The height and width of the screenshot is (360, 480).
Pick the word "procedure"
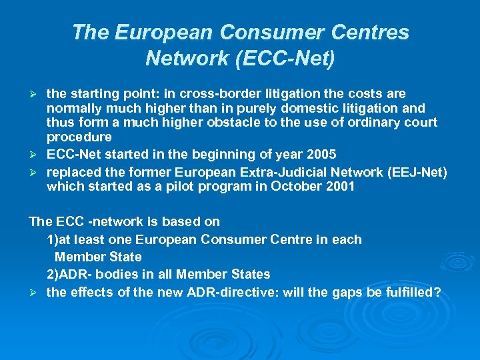(79, 137)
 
